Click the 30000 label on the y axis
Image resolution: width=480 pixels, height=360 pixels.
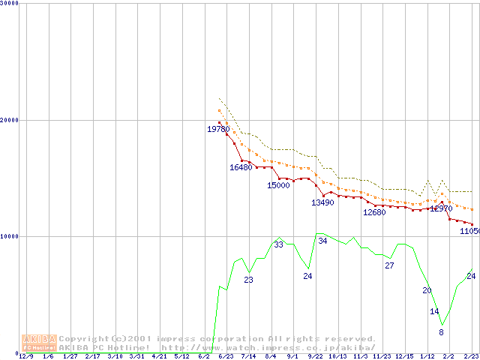(10, 4)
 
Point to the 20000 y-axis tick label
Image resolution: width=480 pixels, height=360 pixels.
(10, 120)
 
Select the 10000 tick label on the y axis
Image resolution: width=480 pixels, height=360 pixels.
(10, 236)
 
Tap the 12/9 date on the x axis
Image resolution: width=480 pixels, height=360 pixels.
(26, 356)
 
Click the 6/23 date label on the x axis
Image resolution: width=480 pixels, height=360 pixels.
(226, 356)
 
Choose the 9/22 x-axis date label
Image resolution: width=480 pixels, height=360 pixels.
(315, 356)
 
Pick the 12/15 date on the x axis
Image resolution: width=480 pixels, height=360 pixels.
(404, 356)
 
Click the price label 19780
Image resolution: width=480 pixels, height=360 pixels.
(218, 129)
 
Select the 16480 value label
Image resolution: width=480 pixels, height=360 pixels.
(241, 167)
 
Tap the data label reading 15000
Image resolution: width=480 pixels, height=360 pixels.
(278, 185)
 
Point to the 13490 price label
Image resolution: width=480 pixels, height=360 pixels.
(322, 202)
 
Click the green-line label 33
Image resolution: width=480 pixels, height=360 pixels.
(278, 244)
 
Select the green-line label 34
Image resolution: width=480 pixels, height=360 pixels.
(322, 241)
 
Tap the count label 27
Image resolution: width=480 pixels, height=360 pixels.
(389, 265)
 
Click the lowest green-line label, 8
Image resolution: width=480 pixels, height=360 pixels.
(441, 332)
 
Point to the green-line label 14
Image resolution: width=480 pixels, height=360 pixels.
(434, 311)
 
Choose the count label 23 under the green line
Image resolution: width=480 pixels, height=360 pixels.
(248, 280)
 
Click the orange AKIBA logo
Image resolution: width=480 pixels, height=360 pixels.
(39, 343)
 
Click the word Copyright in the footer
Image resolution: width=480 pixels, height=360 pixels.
(84, 339)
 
